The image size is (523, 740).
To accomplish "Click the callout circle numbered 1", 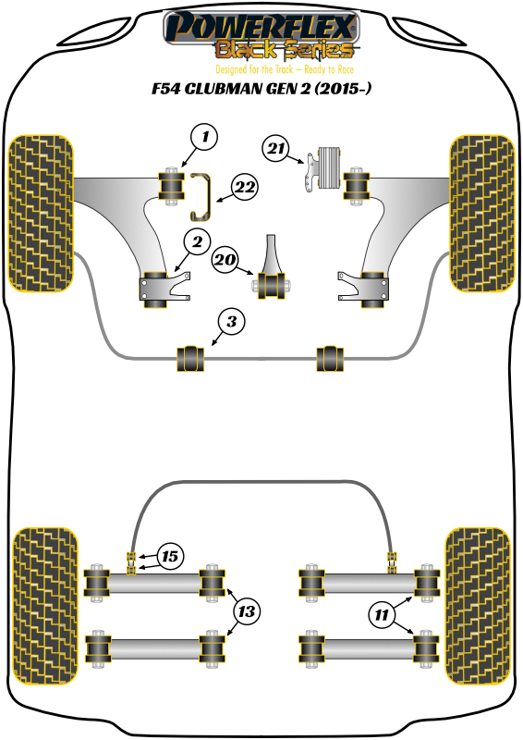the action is pos(204,137).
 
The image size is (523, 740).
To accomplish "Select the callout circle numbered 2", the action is pos(197,241).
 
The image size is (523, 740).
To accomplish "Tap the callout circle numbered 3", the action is pos(232,322).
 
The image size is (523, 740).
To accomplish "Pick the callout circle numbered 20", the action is pos(225,260).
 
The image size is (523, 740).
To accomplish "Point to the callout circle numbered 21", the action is pos(276,149).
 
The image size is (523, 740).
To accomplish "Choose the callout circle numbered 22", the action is pos(245,188).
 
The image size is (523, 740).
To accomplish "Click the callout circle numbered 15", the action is pos(170,557).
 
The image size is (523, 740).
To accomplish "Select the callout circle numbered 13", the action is pos(247,611).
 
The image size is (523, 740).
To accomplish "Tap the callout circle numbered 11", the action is pos(382,614).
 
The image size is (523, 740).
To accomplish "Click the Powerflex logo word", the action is pos(261,27).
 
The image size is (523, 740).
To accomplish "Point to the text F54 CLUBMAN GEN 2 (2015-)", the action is pos(261,88).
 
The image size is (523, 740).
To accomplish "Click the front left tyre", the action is pos(42,214).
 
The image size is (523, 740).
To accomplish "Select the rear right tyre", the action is pos(478,606).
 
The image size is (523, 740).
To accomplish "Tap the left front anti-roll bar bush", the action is pos(190,359).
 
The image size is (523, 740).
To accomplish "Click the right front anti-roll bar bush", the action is pos(330,359).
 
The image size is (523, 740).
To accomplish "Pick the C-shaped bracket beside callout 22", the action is pos(201,197).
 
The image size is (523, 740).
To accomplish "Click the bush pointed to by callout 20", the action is pos(272,285).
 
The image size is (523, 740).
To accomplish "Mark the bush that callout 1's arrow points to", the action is pos(171,186).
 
